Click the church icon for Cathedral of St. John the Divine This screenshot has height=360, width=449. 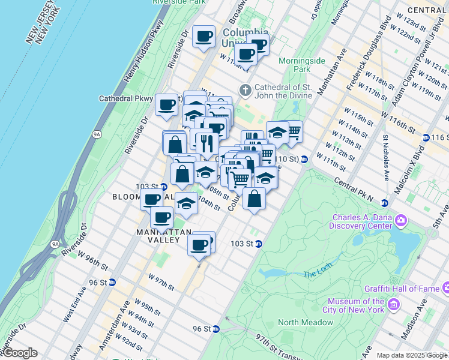click(245, 90)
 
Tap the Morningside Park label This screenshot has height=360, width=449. click(302, 65)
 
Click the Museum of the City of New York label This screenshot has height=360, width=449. click(356, 305)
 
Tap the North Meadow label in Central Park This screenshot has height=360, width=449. click(305, 322)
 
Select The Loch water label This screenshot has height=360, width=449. click(317, 274)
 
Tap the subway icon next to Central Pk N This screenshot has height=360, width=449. click(384, 203)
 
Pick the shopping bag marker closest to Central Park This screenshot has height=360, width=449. click(255, 199)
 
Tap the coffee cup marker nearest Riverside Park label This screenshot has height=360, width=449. click(203, 36)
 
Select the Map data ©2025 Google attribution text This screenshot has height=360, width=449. click(412, 355)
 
